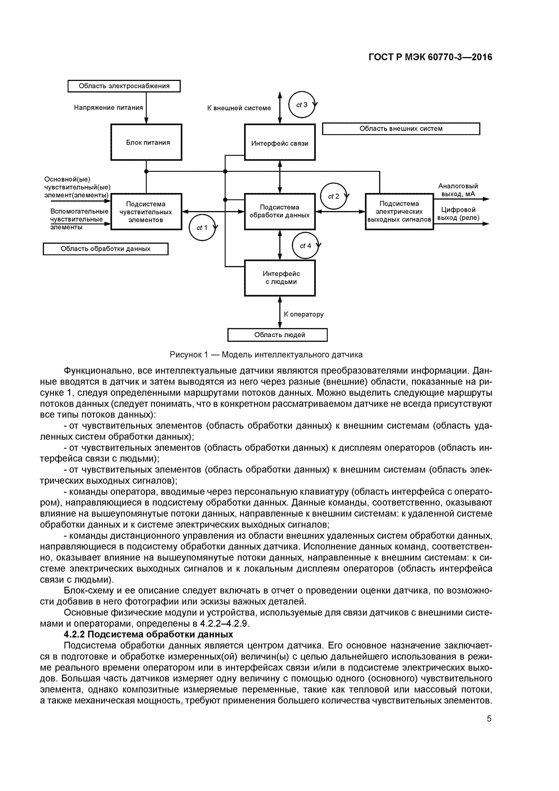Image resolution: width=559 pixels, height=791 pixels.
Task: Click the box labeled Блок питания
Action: pyautogui.click(x=146, y=142)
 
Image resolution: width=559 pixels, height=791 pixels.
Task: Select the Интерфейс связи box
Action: pyautogui.click(x=280, y=142)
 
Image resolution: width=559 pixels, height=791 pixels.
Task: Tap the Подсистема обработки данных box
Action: pyautogui.click(x=280, y=212)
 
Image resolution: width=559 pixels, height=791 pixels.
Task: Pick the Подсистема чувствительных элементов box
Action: pyautogui.click(x=146, y=212)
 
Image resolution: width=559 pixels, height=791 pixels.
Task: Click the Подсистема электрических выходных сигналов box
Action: pyautogui.click(x=399, y=212)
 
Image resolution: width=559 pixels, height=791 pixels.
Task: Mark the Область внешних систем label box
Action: pyautogui.click(x=401, y=129)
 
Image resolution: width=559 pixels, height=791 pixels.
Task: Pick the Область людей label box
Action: pyautogui.click(x=278, y=335)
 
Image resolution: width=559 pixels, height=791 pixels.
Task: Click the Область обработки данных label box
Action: pyautogui.click(x=105, y=249)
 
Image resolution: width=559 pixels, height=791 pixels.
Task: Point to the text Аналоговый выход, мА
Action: pyautogui.click(x=458, y=190)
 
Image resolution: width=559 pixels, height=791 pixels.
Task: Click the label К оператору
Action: pyautogui.click(x=303, y=314)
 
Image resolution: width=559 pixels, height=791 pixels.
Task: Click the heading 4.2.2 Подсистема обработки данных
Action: pyautogui.click(x=149, y=634)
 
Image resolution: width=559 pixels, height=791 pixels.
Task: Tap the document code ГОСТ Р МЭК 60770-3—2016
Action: pyautogui.click(x=430, y=57)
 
